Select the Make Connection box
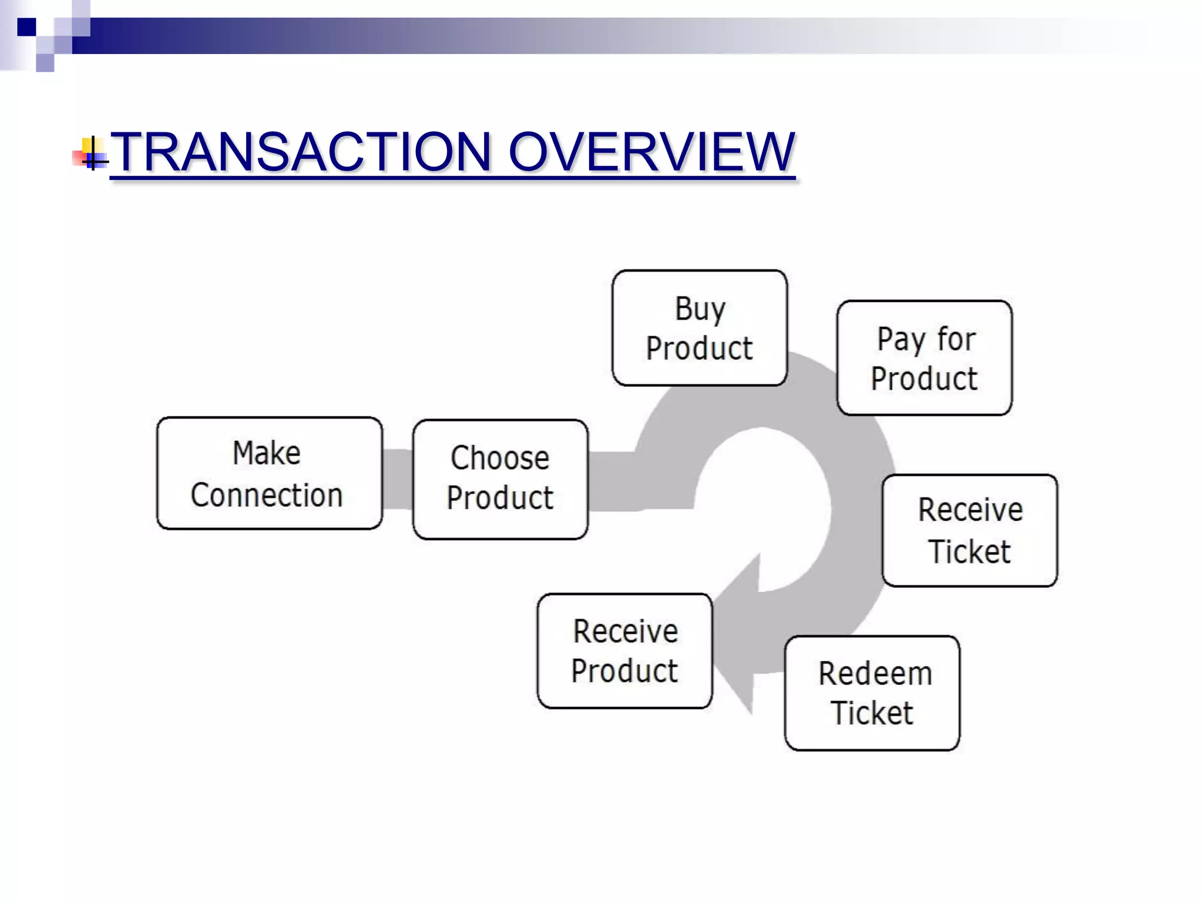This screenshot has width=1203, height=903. click(x=269, y=473)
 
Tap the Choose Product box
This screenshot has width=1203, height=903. click(x=500, y=479)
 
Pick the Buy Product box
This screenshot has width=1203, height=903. click(x=699, y=327)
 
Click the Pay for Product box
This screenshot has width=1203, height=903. click(x=924, y=357)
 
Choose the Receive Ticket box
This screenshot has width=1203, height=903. click(x=969, y=530)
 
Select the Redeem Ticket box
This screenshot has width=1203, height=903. click(x=872, y=693)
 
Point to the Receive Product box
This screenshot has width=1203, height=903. click(x=624, y=651)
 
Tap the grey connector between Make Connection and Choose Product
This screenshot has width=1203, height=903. click(x=398, y=479)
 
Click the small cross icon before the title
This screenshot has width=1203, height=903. click(x=93, y=155)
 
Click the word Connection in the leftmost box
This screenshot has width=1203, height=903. click(x=266, y=495)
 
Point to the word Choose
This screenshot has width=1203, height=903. click(x=500, y=458)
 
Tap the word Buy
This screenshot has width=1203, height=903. click(x=700, y=309)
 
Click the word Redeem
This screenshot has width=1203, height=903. click(x=875, y=673)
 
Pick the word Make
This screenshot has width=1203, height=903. click(x=267, y=453)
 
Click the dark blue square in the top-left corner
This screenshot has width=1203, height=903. click(x=26, y=26)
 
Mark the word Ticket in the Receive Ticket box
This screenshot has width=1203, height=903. click(x=969, y=551)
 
